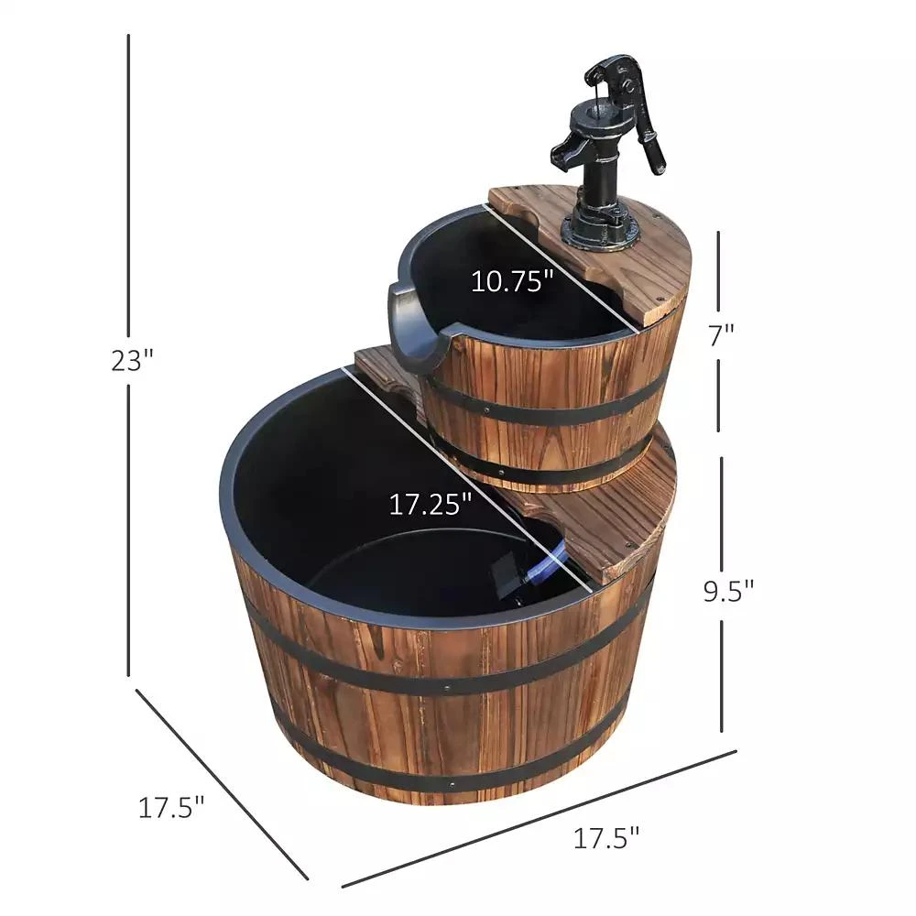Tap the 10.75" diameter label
click(x=513, y=280)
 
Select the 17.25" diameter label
click(x=431, y=504)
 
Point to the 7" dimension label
click(x=721, y=334)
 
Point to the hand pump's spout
click(x=564, y=147)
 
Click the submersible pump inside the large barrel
click(x=513, y=577)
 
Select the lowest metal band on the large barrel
click(x=449, y=769)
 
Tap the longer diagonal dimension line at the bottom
click(x=540, y=818)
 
